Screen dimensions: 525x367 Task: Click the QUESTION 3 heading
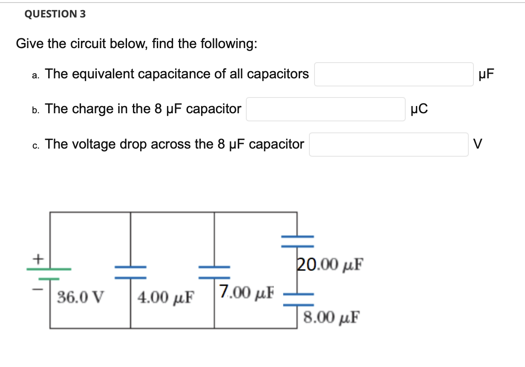tap(55, 14)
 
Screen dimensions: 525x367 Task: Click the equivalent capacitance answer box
tap(394, 75)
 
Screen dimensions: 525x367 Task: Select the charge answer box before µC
tap(326, 109)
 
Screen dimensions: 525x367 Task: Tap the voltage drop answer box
tap(389, 145)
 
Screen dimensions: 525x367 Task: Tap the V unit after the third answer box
tap(479, 145)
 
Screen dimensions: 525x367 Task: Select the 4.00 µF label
tap(165, 296)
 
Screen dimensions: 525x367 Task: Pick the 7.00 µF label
tap(247, 292)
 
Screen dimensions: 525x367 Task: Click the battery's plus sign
tap(38, 258)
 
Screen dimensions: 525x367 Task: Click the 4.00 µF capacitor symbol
tap(130, 272)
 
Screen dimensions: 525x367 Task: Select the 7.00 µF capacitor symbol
tap(214, 272)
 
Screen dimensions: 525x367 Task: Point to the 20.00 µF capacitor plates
tap(297, 241)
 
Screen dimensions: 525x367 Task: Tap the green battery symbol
tap(49, 274)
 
